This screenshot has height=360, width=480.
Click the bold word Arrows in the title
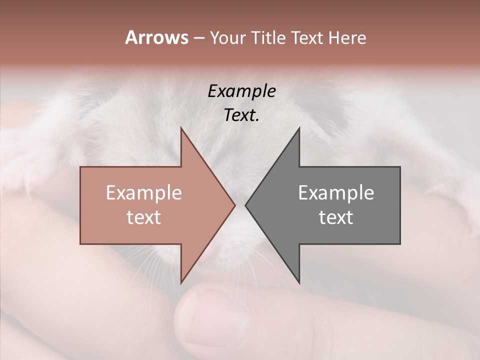(156, 37)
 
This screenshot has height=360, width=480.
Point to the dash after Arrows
(198, 38)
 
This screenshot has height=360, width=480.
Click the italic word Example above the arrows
(241, 91)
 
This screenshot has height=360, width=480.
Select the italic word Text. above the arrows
(241, 115)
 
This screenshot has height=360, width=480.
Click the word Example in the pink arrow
(144, 193)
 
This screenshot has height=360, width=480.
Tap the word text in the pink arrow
(144, 217)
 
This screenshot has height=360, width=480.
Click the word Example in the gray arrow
(336, 193)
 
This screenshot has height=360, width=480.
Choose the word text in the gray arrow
(336, 217)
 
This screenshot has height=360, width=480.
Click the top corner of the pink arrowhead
(181, 129)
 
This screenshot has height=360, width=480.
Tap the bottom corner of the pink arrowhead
(181, 282)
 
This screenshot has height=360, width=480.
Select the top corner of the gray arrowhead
(299, 129)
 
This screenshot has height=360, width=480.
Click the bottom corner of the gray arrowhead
(299, 282)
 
